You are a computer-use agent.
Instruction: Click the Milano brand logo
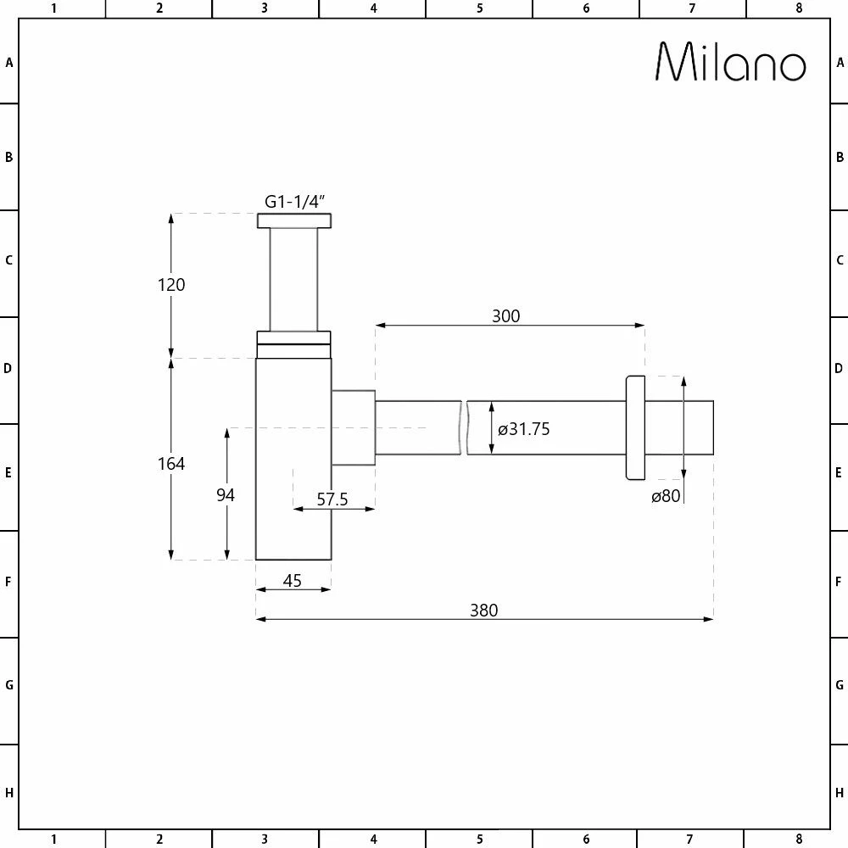click(730, 62)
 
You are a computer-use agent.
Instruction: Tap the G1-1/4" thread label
click(295, 202)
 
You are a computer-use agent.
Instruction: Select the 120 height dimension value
click(171, 285)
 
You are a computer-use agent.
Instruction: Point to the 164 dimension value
click(171, 464)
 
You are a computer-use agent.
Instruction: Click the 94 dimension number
click(225, 495)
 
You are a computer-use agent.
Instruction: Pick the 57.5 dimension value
click(332, 499)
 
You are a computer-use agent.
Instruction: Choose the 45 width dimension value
click(292, 581)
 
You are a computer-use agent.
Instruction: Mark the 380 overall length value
click(484, 610)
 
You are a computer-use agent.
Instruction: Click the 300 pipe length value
click(505, 316)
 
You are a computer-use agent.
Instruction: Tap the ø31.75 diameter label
click(524, 430)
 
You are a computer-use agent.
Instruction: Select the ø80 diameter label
click(666, 497)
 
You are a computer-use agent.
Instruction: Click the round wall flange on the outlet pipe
click(634, 428)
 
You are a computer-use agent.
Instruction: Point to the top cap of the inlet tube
click(293, 221)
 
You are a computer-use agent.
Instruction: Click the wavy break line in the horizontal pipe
click(465, 427)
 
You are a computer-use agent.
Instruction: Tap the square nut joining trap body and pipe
click(353, 427)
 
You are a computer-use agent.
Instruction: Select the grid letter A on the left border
click(9, 62)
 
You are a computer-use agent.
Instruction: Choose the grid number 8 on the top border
click(798, 8)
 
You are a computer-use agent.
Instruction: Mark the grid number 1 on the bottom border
click(53, 840)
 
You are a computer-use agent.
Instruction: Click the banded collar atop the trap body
click(293, 344)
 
